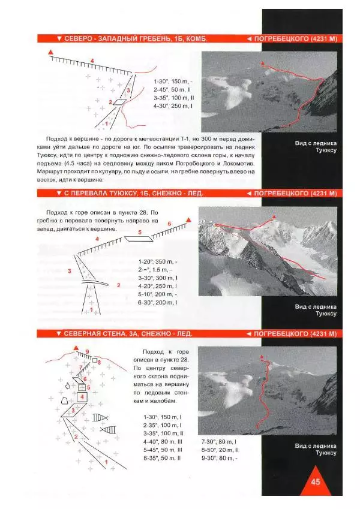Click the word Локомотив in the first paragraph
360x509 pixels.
238,164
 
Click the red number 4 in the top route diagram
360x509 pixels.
92,61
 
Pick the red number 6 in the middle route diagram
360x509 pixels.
169,224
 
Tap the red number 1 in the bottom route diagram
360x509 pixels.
106,462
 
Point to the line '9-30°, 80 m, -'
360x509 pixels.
220,458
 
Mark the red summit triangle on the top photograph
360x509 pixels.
262,62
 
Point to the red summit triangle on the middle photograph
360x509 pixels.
274,216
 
